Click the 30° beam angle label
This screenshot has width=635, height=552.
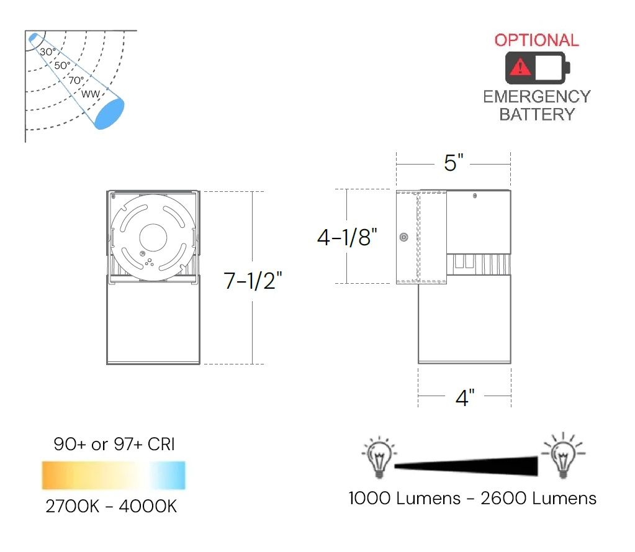(x=48, y=52)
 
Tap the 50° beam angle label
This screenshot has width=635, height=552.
(x=62, y=65)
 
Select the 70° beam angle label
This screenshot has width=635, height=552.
(x=76, y=80)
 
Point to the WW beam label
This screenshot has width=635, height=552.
(x=91, y=94)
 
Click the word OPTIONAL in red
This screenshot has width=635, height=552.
(x=536, y=40)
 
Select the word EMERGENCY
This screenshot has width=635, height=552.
(x=536, y=97)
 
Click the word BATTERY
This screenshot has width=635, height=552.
(x=536, y=114)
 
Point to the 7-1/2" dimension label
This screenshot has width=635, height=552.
(x=253, y=281)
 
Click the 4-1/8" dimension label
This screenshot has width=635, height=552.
(x=348, y=237)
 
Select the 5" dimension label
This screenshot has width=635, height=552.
(x=454, y=163)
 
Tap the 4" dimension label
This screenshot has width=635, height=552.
(x=465, y=397)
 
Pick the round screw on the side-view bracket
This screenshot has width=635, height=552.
(x=404, y=237)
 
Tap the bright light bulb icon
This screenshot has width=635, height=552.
(x=562, y=455)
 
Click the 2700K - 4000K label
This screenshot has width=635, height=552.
(x=111, y=506)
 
